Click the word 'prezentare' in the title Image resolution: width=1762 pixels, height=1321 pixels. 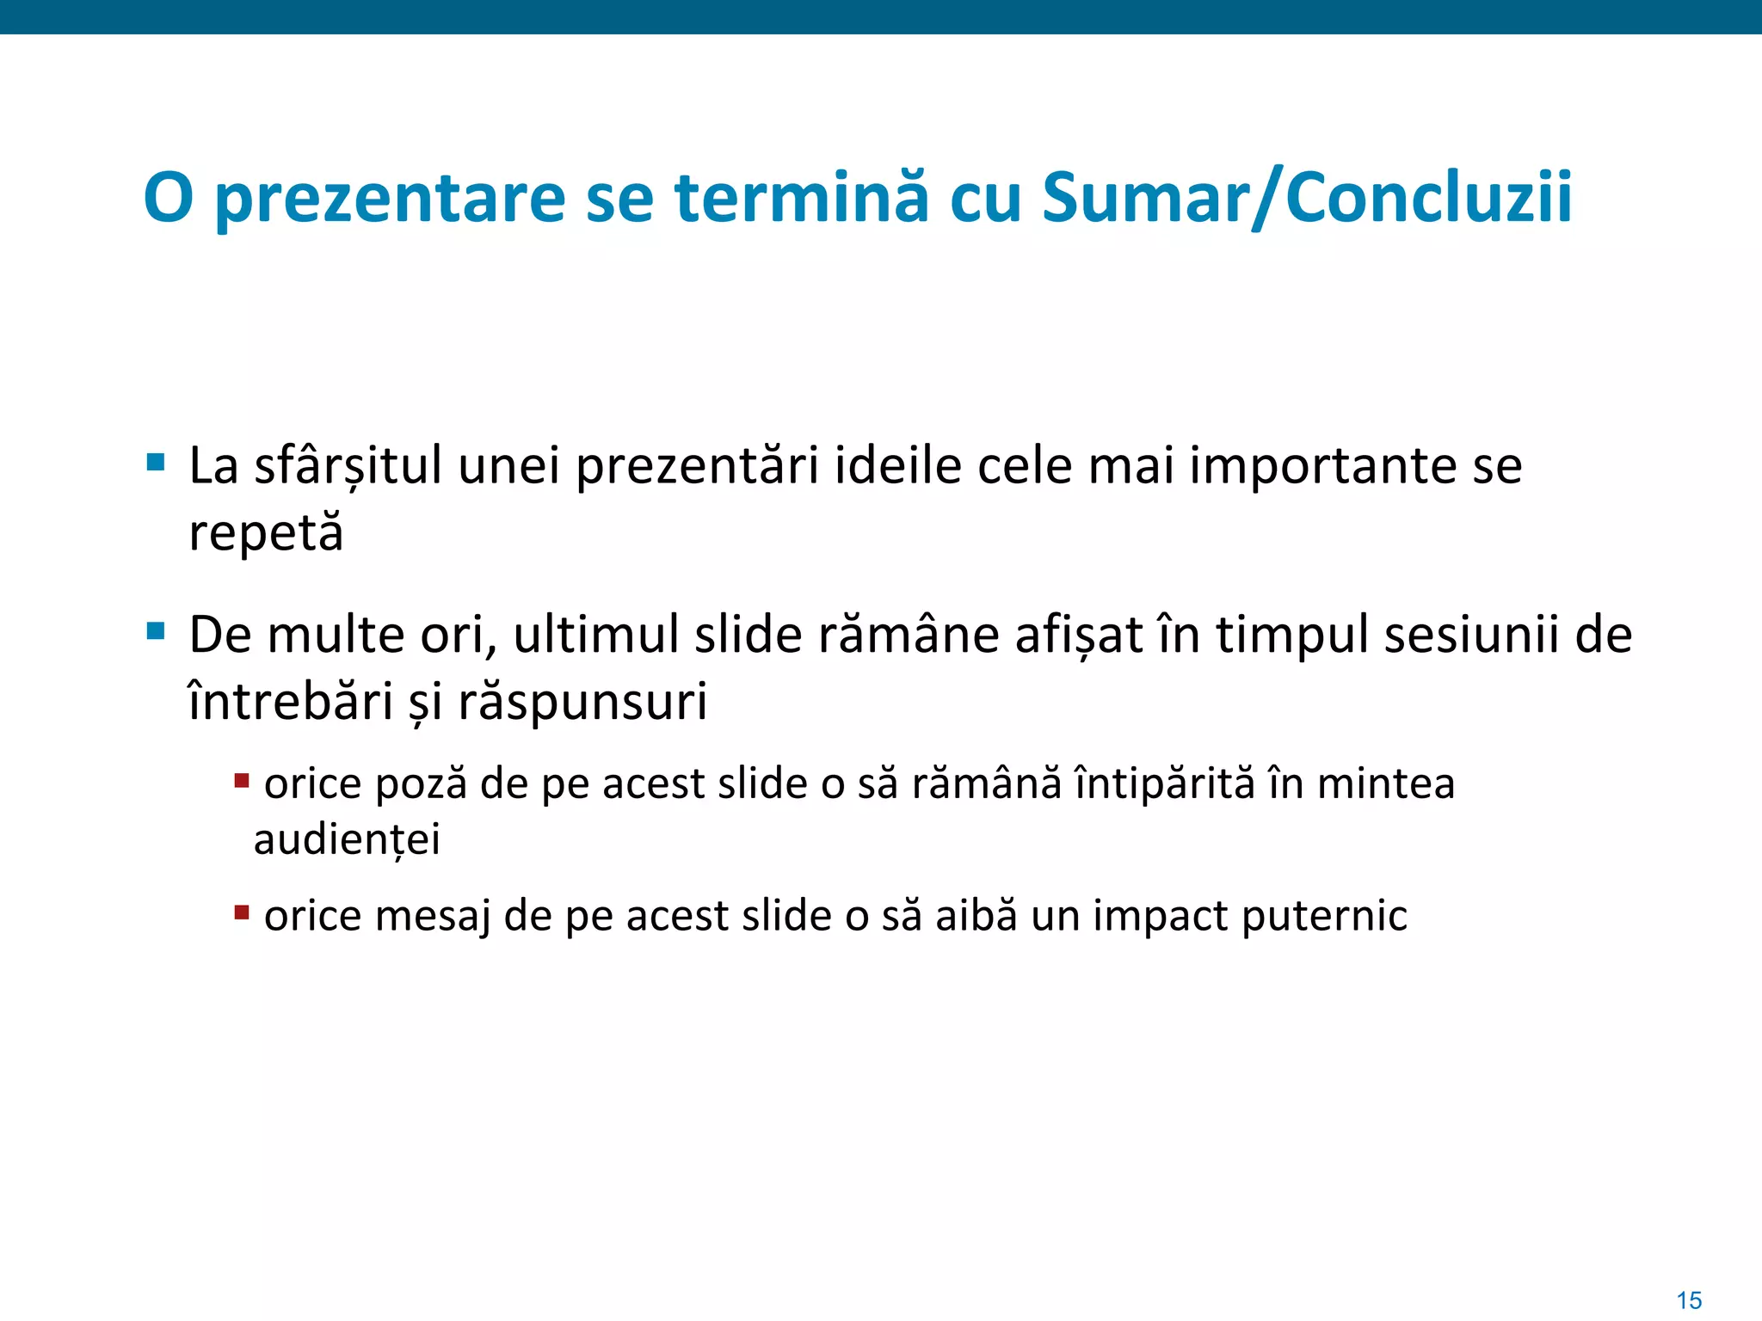pyautogui.click(x=389, y=200)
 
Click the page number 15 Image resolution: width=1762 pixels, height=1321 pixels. pyautogui.click(x=1689, y=1299)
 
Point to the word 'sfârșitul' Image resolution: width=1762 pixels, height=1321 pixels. pyautogui.click(x=348, y=467)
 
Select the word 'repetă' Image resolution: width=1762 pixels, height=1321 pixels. pyautogui.click(x=266, y=533)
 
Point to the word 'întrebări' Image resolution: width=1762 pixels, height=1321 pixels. pyautogui.click(x=291, y=702)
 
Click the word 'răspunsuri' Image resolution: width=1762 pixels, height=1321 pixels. pyautogui.click(x=582, y=702)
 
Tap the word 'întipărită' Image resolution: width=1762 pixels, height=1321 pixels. pyautogui.click(x=1165, y=783)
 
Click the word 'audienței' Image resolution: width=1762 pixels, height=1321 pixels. pyautogui.click(x=347, y=839)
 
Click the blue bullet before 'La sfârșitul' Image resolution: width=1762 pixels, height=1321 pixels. pyautogui.click(x=156, y=463)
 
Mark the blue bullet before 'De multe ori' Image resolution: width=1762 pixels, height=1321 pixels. pyautogui.click(x=156, y=632)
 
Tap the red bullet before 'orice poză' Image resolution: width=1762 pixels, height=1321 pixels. pyautogui.click(x=242, y=781)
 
